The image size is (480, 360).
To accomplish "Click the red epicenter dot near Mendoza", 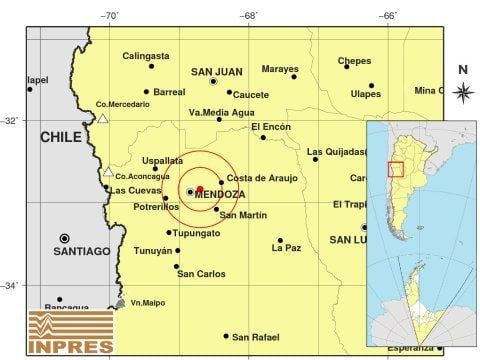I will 200,188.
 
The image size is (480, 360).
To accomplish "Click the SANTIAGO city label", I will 97,251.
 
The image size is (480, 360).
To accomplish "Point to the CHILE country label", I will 60,136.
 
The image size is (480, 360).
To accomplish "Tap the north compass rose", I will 462,91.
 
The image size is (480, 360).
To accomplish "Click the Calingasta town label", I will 147,57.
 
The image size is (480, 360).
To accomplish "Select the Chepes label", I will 354,61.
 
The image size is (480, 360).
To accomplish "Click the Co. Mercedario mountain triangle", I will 102,118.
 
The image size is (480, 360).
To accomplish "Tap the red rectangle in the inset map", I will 395,169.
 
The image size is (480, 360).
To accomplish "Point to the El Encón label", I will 270,127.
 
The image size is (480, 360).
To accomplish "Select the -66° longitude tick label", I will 388,15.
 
